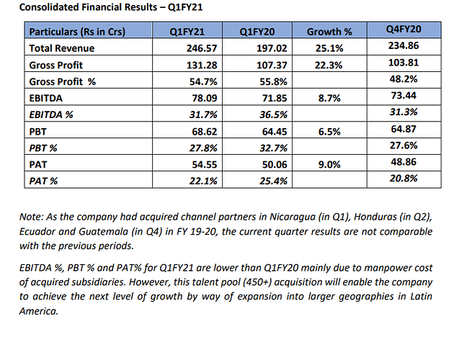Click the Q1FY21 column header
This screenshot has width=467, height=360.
[185, 32]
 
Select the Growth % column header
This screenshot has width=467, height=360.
[329, 32]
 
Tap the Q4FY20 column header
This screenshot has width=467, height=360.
[404, 29]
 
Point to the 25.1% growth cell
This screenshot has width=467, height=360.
[331, 48]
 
